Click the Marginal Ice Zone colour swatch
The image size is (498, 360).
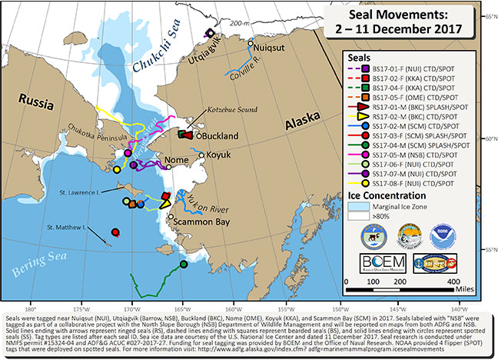tap(357, 206)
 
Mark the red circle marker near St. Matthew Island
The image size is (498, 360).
tap(115, 232)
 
